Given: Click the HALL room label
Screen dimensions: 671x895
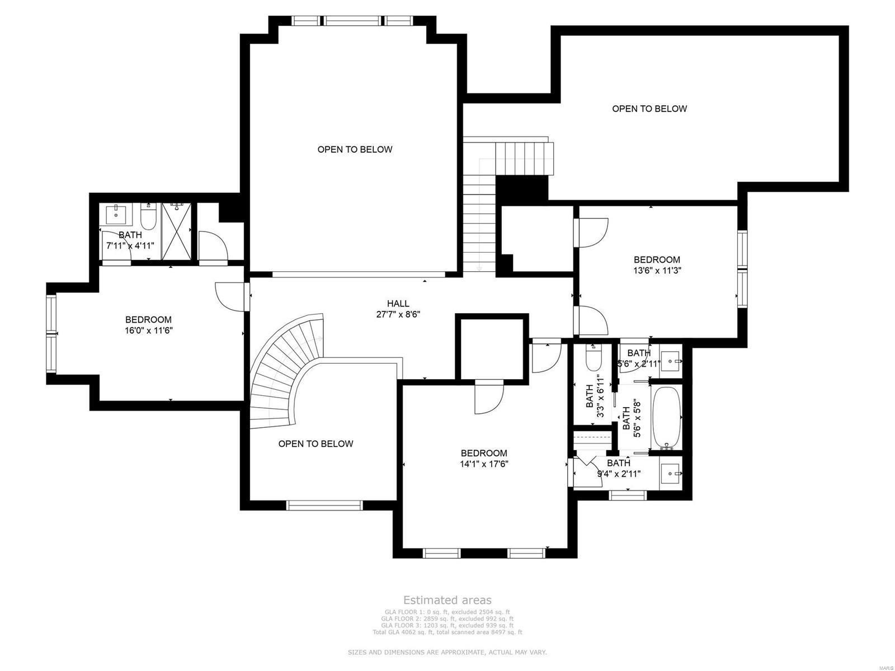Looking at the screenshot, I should pyautogui.click(x=398, y=304).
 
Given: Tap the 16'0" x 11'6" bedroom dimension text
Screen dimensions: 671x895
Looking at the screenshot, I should pyautogui.click(x=148, y=330).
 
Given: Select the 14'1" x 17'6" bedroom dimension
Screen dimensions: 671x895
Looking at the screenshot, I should pyautogui.click(x=484, y=464).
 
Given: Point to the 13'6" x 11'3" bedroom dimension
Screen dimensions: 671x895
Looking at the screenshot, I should pyautogui.click(x=657, y=270).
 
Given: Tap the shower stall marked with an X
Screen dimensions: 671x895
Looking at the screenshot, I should pyautogui.click(x=176, y=231).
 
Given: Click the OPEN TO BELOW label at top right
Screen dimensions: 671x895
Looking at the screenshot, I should pyautogui.click(x=649, y=108).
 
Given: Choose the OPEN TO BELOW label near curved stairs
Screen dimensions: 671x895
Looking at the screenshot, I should pyautogui.click(x=315, y=443).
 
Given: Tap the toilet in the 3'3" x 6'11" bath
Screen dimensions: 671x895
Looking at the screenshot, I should pyautogui.click(x=592, y=358).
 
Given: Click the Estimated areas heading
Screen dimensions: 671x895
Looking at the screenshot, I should pyautogui.click(x=447, y=601).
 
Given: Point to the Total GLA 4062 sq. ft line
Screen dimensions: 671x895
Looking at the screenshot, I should pyautogui.click(x=447, y=632).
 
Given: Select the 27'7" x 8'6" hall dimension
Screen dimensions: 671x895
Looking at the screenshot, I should pyautogui.click(x=398, y=315).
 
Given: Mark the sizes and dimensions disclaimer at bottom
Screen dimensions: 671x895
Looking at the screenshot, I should pyautogui.click(x=447, y=653).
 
